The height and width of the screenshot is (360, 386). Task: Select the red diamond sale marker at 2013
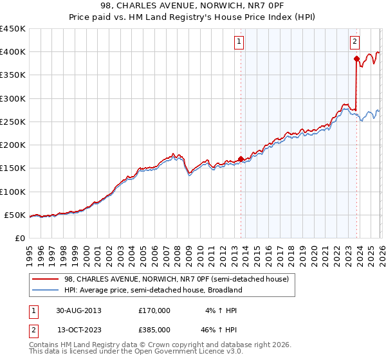241,159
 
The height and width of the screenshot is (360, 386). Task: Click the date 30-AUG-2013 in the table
78,310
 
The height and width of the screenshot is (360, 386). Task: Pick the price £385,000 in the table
154,330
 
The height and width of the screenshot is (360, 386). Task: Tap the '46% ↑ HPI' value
219,330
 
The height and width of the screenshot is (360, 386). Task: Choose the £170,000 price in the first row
154,310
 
